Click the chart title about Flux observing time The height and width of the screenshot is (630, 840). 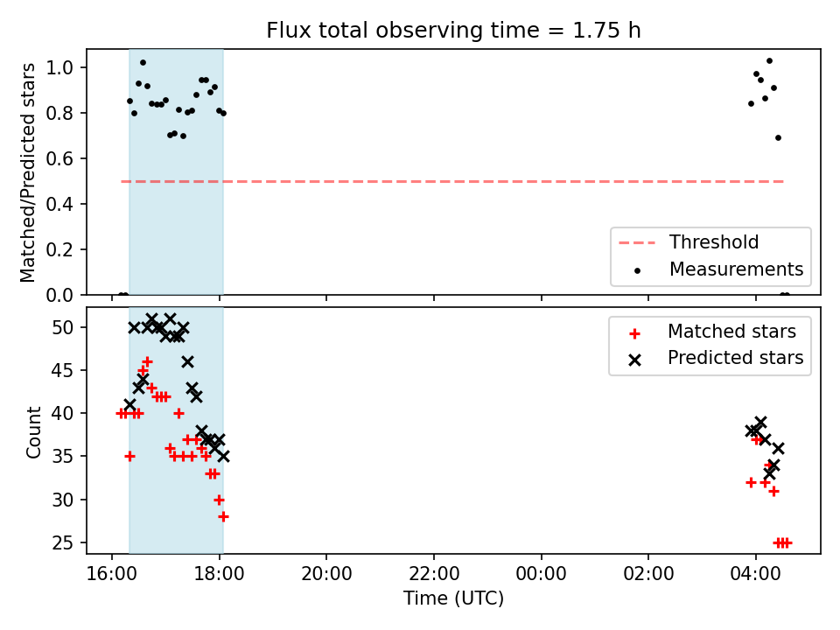pyautogui.click(x=453, y=30)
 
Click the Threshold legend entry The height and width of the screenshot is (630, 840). pyautogui.click(x=689, y=242)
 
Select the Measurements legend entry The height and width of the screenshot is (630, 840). pyautogui.click(x=717, y=269)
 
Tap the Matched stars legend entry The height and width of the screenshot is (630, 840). pyautogui.click(x=712, y=332)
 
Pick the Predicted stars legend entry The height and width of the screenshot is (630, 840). pyautogui.click(x=716, y=358)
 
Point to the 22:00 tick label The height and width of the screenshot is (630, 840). pyautogui.click(x=433, y=574)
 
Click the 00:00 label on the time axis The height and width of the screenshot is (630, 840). pyautogui.click(x=541, y=574)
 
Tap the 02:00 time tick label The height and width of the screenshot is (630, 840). pyautogui.click(x=648, y=574)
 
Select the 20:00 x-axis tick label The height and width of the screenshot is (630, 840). pyautogui.click(x=326, y=574)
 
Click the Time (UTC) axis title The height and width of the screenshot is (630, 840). pyautogui.click(x=453, y=598)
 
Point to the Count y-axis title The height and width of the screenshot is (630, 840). pyautogui.click(x=33, y=432)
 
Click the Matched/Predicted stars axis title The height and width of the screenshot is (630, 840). pyautogui.click(x=27, y=172)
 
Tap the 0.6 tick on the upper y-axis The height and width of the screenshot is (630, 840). pyautogui.click(x=59, y=158)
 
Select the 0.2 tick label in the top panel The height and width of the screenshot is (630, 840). pyautogui.click(x=59, y=249)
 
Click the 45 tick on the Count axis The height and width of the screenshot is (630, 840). pyautogui.click(x=63, y=371)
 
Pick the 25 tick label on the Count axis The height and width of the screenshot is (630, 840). pyautogui.click(x=63, y=543)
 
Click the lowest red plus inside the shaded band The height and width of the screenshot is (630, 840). pyautogui.click(x=223, y=517)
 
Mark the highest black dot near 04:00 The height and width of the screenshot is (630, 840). pyautogui.click(x=769, y=61)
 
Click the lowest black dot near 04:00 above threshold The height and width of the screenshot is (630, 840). pyautogui.click(x=779, y=138)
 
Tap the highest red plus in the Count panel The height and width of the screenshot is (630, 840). pyautogui.click(x=147, y=362)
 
